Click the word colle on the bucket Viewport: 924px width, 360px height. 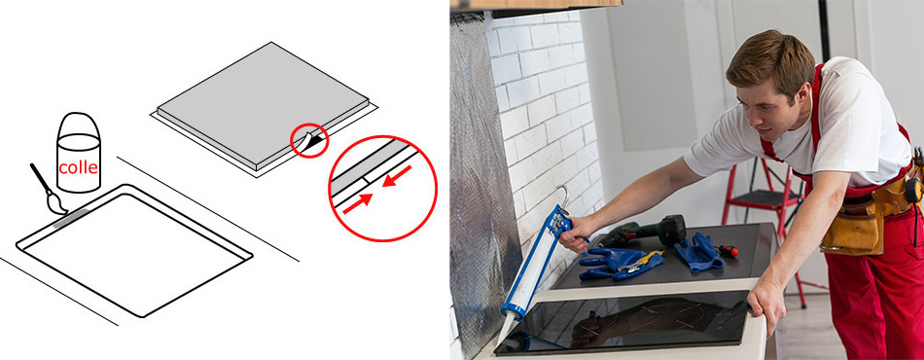79,167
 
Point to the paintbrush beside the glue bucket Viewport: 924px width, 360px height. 48,189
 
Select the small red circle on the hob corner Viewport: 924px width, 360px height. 308,140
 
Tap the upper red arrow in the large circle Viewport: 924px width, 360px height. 397,175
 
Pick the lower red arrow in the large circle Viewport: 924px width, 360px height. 357,204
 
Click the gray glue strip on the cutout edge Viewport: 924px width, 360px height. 71,217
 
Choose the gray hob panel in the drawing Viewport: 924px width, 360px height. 263,106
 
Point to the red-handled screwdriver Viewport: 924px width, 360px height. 726,250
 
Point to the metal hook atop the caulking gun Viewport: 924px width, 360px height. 563,196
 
